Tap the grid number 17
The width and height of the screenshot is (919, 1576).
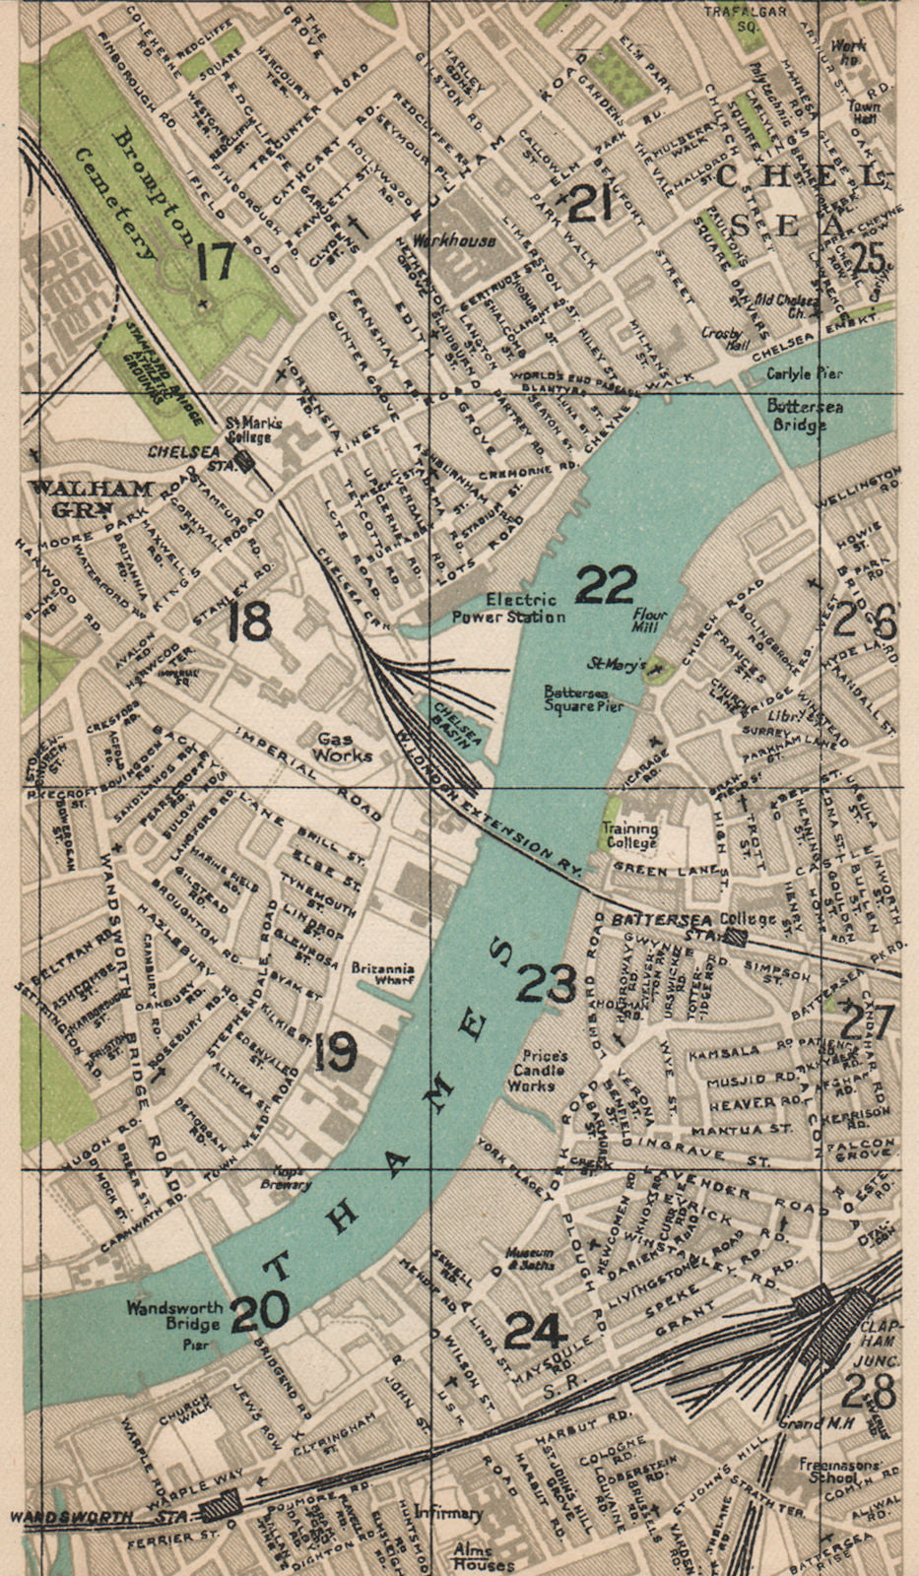click(x=215, y=261)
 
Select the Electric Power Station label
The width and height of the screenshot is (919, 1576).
click(x=508, y=608)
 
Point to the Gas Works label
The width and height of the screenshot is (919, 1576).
click(x=344, y=746)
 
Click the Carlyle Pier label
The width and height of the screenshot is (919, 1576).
click(x=805, y=374)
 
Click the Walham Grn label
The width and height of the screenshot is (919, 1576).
click(x=91, y=498)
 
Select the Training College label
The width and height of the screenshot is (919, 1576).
click(x=630, y=835)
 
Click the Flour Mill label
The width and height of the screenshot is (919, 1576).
click(x=650, y=622)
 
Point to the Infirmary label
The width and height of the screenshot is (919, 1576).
click(x=448, y=1512)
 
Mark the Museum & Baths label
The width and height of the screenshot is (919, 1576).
click(x=530, y=1258)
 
